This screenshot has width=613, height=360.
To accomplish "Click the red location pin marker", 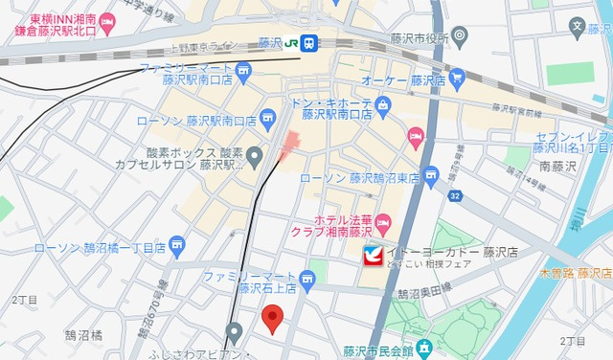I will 272,318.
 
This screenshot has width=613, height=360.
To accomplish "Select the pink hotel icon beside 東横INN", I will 107,21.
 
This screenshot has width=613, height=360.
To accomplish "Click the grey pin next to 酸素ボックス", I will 254,155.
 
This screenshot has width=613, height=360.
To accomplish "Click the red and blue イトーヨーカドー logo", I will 373,255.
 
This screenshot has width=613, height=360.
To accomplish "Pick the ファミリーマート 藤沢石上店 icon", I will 306,280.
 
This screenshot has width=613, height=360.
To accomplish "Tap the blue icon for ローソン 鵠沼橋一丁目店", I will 175,247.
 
